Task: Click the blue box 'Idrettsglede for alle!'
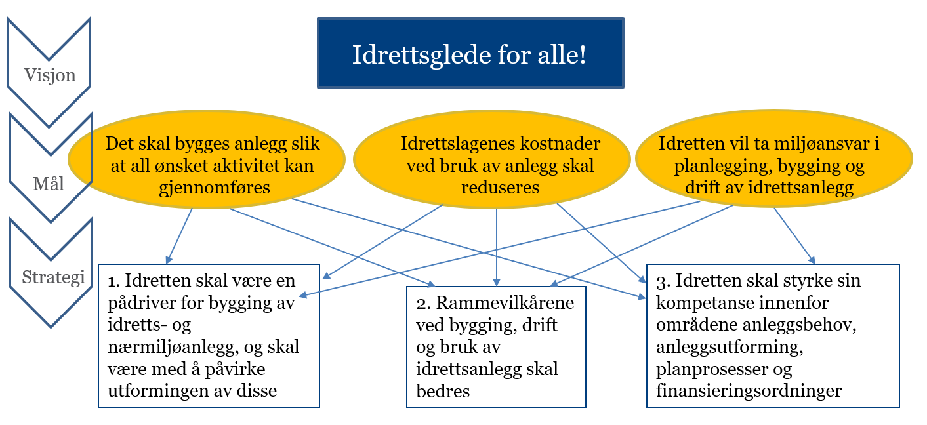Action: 470,52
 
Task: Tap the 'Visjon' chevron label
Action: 50,75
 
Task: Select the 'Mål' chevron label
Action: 49,184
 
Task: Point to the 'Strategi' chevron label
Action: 53,277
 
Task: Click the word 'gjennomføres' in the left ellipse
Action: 215,188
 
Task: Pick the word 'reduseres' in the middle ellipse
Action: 501,188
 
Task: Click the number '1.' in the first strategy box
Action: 113,281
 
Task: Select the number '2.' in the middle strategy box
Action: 424,304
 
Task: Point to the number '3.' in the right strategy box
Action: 663,281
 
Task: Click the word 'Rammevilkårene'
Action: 505,303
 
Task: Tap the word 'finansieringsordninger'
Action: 749,391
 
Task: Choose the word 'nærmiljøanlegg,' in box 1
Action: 173,347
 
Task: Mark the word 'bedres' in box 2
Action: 443,391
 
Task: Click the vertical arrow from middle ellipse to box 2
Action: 497,247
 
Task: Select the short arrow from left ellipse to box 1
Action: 179,236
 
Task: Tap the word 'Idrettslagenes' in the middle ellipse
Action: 457,144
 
